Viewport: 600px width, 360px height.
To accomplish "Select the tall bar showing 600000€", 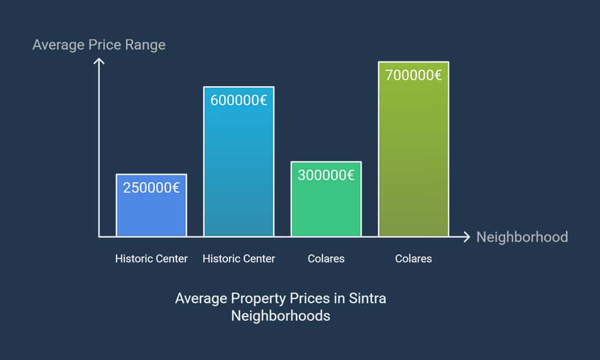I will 238,170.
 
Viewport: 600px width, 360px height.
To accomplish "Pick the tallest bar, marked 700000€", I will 413,158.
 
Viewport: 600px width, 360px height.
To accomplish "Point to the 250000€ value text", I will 151,188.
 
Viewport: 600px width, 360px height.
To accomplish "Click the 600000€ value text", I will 238,100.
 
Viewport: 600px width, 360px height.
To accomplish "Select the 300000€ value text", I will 326,175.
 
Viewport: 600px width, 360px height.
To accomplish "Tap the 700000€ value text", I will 413,75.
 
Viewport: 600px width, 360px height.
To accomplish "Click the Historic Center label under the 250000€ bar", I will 151,259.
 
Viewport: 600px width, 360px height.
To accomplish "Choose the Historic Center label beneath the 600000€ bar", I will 238,259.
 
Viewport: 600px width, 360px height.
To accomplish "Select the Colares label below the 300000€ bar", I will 326,259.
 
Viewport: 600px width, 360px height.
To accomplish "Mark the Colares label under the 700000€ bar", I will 413,259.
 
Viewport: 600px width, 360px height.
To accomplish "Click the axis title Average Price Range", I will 99,45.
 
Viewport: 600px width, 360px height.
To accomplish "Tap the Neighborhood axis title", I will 522,237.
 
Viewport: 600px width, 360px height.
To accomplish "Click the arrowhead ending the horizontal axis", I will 467,237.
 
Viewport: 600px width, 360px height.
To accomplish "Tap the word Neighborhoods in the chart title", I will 281,316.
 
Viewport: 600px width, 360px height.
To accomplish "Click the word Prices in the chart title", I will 309,298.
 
